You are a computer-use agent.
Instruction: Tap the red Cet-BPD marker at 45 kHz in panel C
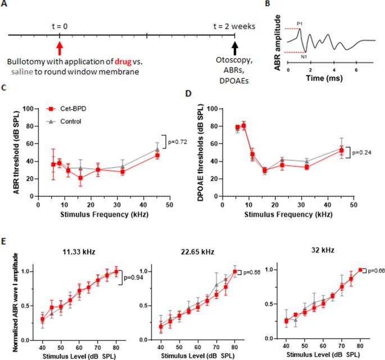[157, 155]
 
